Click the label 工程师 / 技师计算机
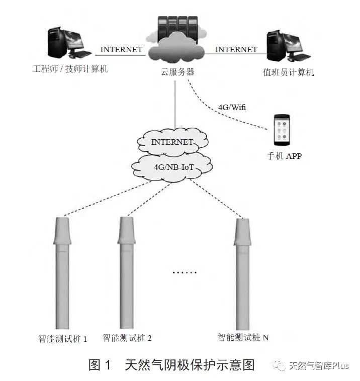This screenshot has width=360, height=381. click(x=70, y=69)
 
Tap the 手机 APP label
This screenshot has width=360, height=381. click(x=284, y=156)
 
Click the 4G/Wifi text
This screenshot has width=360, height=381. click(x=232, y=107)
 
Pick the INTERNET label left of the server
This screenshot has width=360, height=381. click(x=121, y=50)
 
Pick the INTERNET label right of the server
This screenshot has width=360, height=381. click(x=236, y=50)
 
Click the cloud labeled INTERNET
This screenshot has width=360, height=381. click(x=172, y=142)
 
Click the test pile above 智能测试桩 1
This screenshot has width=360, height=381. click(x=62, y=271)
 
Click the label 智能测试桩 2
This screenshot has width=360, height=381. click(x=127, y=338)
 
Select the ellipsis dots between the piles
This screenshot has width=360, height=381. click(x=185, y=272)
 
